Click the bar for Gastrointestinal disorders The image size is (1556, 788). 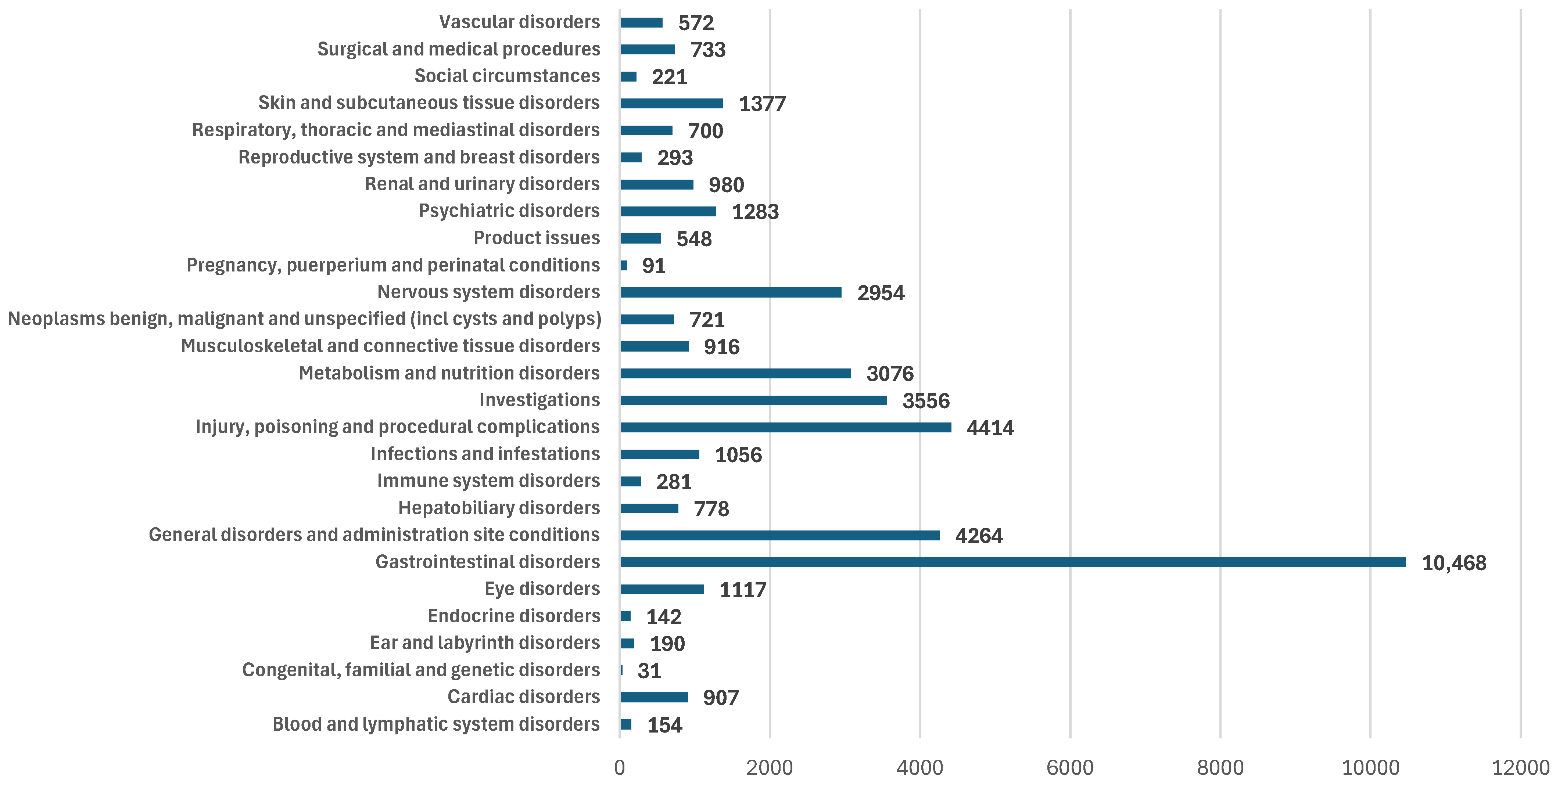click(1012, 562)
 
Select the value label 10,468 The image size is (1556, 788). click(1453, 563)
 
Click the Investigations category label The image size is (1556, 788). click(539, 400)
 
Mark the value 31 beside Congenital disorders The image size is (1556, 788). click(649, 671)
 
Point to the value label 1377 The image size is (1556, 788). click(762, 104)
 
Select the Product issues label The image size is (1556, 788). click(537, 238)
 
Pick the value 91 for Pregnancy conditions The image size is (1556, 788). click(653, 266)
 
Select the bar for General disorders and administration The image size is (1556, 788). click(780, 535)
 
